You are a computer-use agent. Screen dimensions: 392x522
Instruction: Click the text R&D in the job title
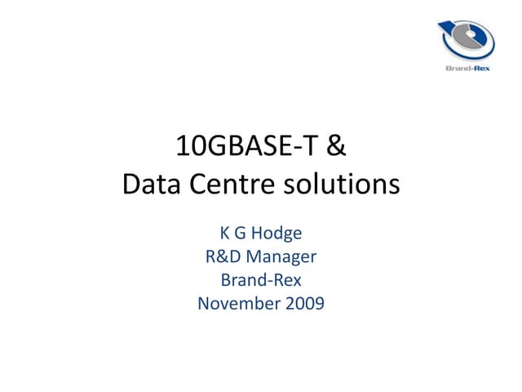[x=223, y=257]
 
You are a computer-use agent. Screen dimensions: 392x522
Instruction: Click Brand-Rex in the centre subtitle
[x=261, y=280]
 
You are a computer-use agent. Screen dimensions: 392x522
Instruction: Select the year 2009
[x=303, y=304]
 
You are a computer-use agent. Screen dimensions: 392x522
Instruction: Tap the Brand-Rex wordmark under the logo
[x=466, y=71]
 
